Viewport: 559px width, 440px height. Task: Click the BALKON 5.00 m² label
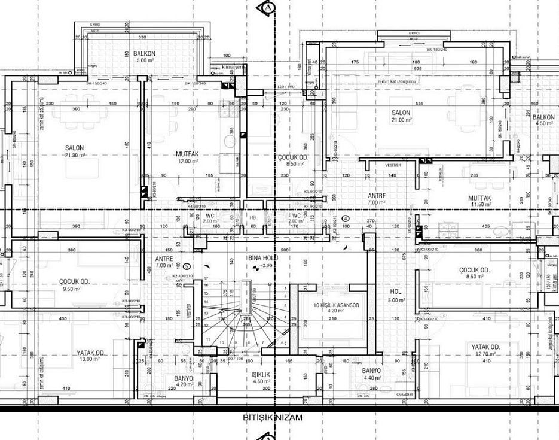tap(145, 57)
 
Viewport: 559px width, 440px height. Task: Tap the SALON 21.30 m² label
tap(75, 151)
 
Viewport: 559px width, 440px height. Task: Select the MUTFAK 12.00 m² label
tap(187, 157)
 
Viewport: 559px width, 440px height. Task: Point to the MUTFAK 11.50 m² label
tap(479, 201)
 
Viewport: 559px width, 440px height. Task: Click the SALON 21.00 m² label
tap(401, 116)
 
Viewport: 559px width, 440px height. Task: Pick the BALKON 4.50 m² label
tap(543, 120)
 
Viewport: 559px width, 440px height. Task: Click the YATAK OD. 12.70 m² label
tap(485, 350)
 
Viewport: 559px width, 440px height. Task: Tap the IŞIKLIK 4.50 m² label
tap(262, 377)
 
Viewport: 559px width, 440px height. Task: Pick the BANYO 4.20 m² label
tap(184, 381)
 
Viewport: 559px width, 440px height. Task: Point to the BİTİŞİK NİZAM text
tap(273, 418)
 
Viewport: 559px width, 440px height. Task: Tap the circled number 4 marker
tap(346, 218)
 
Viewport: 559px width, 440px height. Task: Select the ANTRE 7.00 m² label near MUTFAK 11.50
tap(377, 199)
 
